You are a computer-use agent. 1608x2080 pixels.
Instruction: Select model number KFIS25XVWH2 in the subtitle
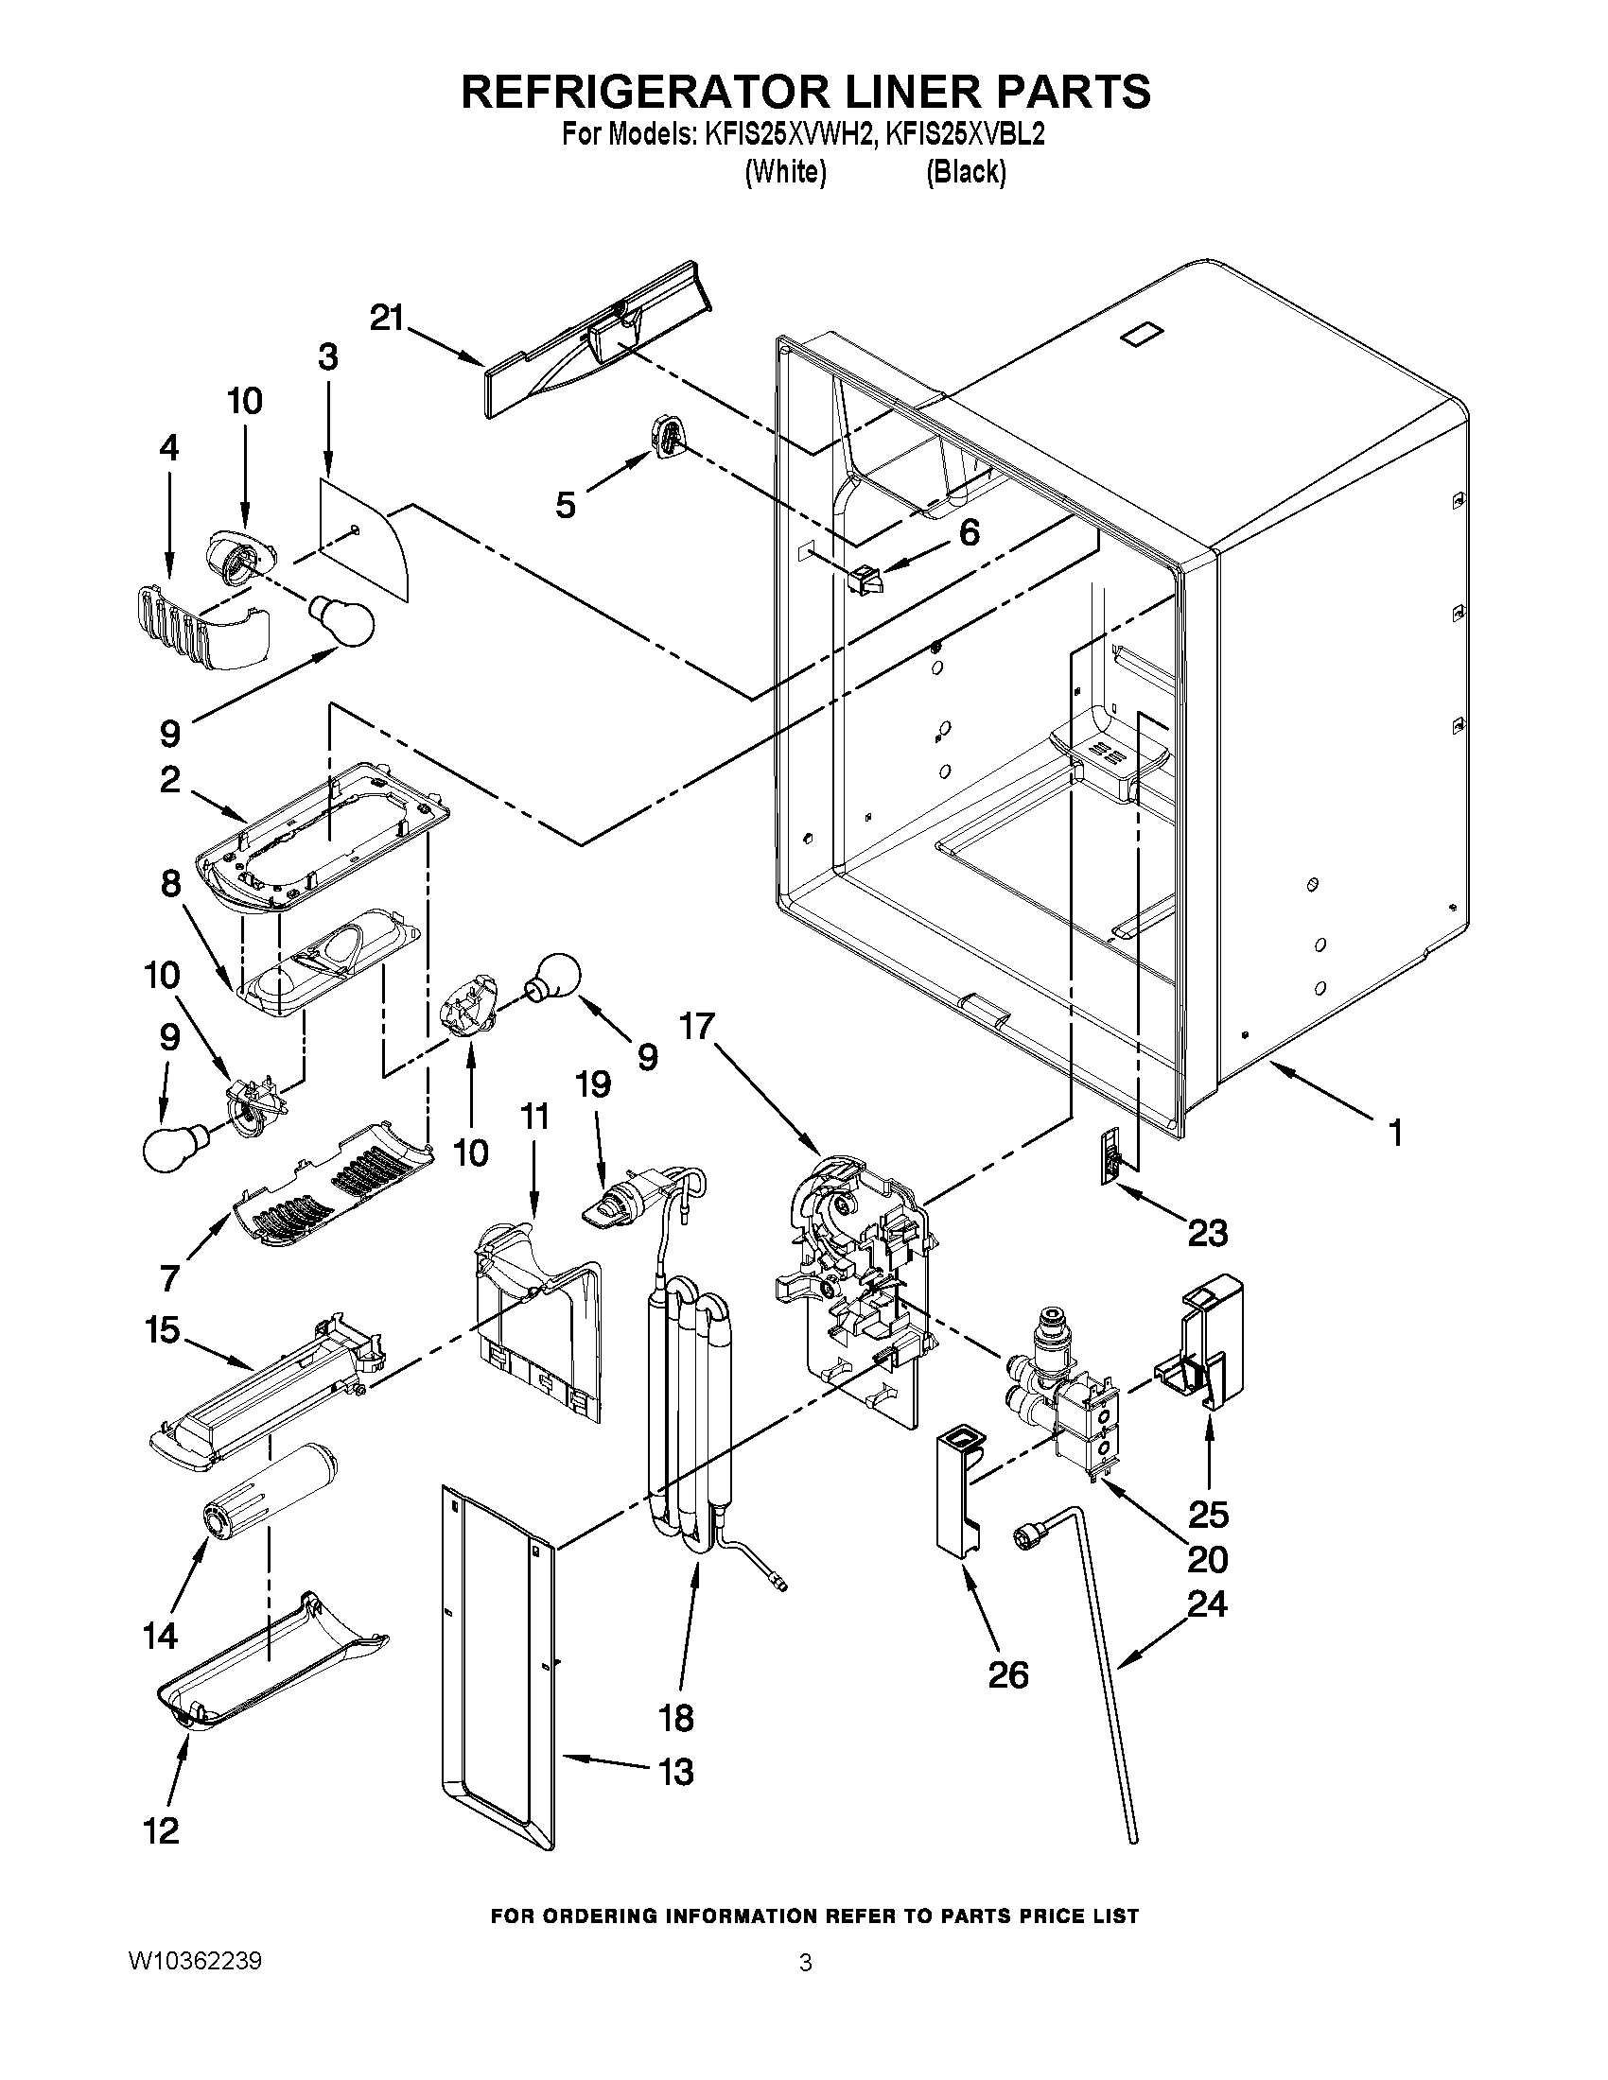(x=789, y=134)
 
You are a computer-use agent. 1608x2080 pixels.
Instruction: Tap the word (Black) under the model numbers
(x=966, y=171)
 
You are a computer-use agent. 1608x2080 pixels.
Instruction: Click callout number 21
(x=388, y=318)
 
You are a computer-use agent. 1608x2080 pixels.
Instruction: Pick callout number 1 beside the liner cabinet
(x=1394, y=1133)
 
